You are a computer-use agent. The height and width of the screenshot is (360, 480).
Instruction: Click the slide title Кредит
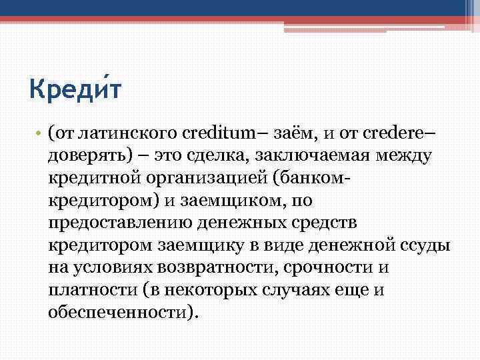[x=75, y=87]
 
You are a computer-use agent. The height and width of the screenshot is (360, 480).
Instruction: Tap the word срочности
[x=320, y=269]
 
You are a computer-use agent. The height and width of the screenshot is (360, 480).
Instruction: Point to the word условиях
[x=109, y=269]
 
